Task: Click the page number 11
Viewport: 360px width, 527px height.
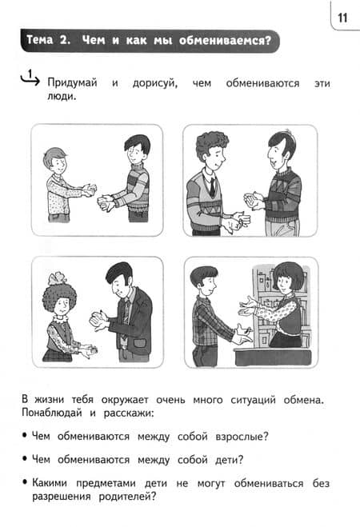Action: (342, 18)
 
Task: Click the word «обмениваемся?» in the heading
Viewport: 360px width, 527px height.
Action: (225, 40)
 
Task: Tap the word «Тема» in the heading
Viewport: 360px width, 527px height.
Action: (40, 40)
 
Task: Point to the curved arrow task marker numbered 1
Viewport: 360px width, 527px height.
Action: (30, 78)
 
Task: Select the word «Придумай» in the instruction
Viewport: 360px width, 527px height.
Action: (72, 82)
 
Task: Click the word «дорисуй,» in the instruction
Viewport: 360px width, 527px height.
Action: (155, 83)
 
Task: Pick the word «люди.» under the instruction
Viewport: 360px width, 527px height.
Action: (62, 97)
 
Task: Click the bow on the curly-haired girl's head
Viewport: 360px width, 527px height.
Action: (58, 278)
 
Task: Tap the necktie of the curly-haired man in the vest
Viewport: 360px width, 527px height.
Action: (212, 187)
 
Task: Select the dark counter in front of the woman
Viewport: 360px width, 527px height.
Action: (273, 357)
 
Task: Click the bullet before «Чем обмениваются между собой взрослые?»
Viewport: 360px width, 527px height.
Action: (24, 436)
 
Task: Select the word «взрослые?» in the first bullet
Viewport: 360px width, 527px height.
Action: (242, 437)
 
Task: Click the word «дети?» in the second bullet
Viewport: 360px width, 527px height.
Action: (229, 460)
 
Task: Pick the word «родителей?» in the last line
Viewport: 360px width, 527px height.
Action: (128, 496)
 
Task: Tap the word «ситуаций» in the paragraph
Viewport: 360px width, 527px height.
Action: (253, 400)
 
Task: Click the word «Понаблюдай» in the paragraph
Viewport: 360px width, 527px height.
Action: (52, 413)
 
